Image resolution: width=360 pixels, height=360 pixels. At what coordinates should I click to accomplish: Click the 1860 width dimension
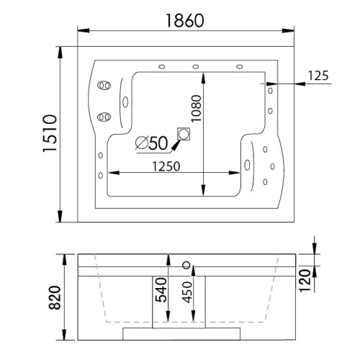pyautogui.click(x=185, y=20)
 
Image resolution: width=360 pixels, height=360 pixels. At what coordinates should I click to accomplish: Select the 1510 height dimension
pyautogui.click(x=50, y=133)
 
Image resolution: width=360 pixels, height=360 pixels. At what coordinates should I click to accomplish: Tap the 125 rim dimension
pyautogui.click(x=318, y=76)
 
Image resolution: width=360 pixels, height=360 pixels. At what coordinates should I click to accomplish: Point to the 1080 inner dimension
pyautogui.click(x=196, y=108)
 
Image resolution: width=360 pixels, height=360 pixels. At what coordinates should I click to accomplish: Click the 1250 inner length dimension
pyautogui.click(x=166, y=166)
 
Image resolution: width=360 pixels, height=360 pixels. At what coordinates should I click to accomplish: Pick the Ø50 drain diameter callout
pyautogui.click(x=151, y=143)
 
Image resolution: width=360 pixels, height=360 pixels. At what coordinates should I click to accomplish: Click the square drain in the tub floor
pyautogui.click(x=184, y=134)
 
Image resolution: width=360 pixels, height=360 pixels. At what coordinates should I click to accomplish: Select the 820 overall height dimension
pyautogui.click(x=55, y=297)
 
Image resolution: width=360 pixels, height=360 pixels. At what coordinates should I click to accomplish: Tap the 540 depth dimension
pyautogui.click(x=161, y=289)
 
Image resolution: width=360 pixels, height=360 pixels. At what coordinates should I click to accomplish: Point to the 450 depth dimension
pyautogui.click(x=187, y=292)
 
